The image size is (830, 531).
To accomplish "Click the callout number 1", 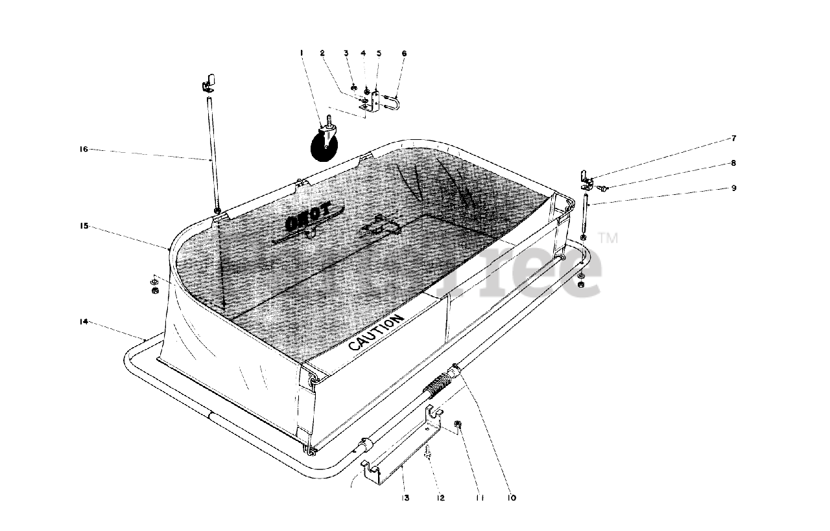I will pyautogui.click(x=302, y=52).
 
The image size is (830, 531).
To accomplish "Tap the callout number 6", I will pyautogui.click(x=403, y=52).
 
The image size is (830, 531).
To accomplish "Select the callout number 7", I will pyautogui.click(x=733, y=139).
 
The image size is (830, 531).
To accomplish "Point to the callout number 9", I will pyautogui.click(x=733, y=188).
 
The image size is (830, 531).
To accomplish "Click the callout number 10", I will pyautogui.click(x=512, y=498).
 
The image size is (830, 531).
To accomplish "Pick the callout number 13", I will pyautogui.click(x=405, y=498).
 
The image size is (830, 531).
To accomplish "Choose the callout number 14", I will pyautogui.click(x=84, y=322).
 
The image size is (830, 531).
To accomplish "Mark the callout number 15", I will pyautogui.click(x=84, y=226).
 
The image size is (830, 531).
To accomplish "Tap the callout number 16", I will pyautogui.click(x=84, y=150).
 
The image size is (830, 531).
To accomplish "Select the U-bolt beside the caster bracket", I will pyautogui.click(x=391, y=101).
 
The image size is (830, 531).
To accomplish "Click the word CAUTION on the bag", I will pyautogui.click(x=376, y=332).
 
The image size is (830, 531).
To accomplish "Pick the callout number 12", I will pyautogui.click(x=440, y=498).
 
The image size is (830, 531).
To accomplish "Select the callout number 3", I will pyautogui.click(x=346, y=52).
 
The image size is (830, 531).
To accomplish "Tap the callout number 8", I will pyautogui.click(x=733, y=163).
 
